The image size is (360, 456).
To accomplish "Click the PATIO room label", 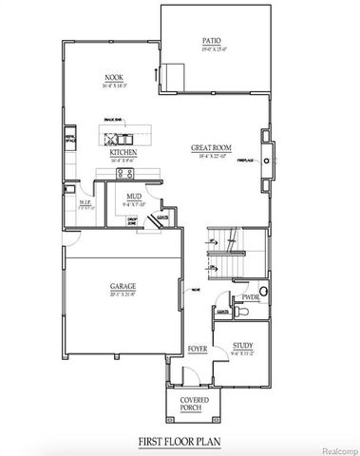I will click(211, 41).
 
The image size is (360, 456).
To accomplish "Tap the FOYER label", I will click(197, 350).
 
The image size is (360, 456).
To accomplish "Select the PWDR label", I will click(250, 297).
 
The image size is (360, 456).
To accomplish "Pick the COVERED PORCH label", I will click(195, 402).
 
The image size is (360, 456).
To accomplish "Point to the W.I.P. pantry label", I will click(84, 201).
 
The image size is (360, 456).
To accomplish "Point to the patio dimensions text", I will click(211, 49).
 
